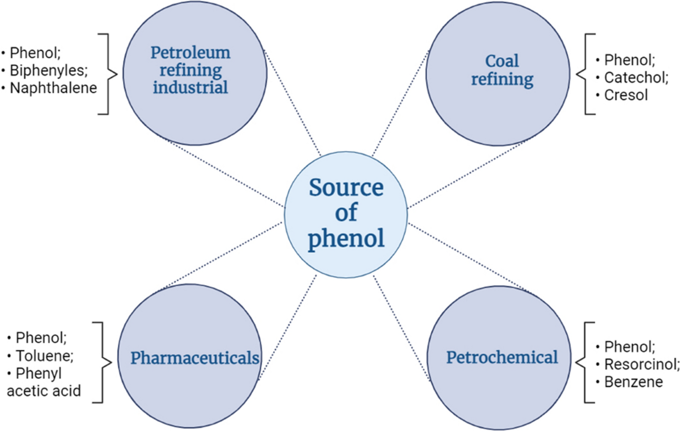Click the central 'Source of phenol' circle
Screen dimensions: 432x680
pyautogui.click(x=346, y=213)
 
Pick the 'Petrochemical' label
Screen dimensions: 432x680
pyautogui.click(x=502, y=358)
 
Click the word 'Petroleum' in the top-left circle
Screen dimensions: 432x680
pyautogui.click(x=190, y=53)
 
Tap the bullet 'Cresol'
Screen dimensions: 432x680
pyautogui.click(x=626, y=94)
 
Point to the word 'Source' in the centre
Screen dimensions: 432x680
pyautogui.click(x=346, y=188)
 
